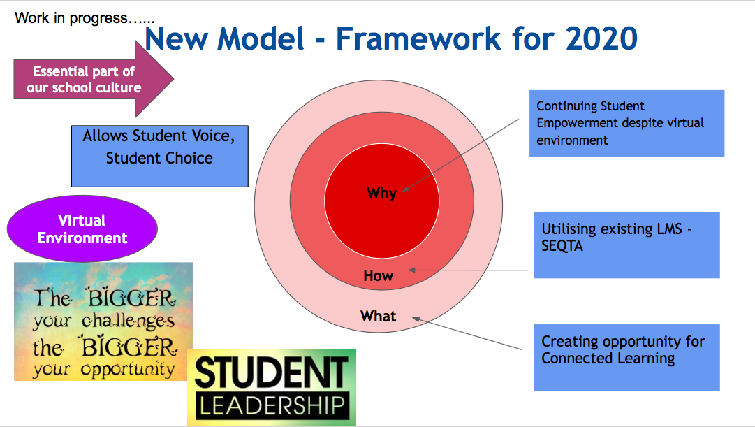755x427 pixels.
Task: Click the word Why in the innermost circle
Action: coord(381,194)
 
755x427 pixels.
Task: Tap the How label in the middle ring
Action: coord(379,275)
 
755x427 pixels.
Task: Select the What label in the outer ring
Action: coord(379,316)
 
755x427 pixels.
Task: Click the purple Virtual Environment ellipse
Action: coord(82,229)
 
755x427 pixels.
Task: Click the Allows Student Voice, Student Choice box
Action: coord(160,156)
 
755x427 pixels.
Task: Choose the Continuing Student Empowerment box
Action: coord(627,124)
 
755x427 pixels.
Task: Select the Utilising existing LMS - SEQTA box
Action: coord(627,245)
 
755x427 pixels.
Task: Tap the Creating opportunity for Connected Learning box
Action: coord(627,357)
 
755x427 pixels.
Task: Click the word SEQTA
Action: coord(562,246)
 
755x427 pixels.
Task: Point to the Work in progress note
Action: coord(85,18)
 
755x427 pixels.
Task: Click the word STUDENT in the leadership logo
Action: coord(272,372)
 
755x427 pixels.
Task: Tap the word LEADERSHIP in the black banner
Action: coord(272,406)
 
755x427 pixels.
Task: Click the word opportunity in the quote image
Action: coord(128,370)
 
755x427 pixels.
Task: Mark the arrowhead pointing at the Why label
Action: coord(405,189)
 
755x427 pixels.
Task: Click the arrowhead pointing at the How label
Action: coord(411,270)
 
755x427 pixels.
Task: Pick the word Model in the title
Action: coord(261,38)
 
